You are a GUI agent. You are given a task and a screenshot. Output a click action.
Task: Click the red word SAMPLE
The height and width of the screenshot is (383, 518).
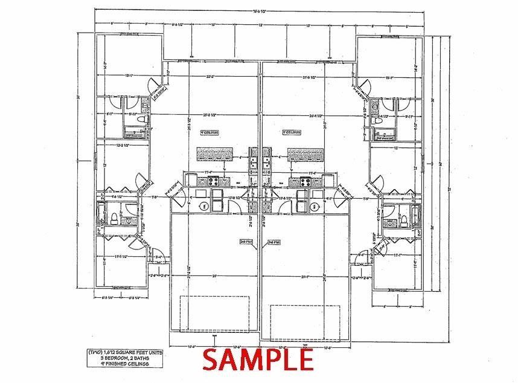258,359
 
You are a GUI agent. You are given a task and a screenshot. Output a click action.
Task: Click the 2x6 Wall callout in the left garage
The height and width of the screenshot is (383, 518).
246,241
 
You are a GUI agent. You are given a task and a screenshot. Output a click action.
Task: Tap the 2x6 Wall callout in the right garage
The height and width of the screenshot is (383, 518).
273,241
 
